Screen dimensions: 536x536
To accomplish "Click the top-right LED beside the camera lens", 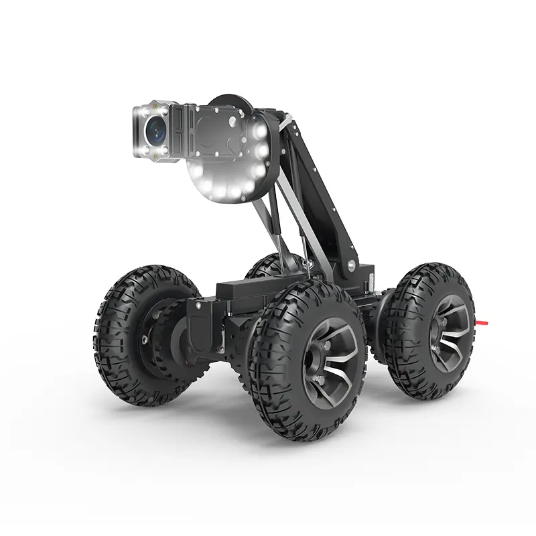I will click(x=168, y=108).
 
